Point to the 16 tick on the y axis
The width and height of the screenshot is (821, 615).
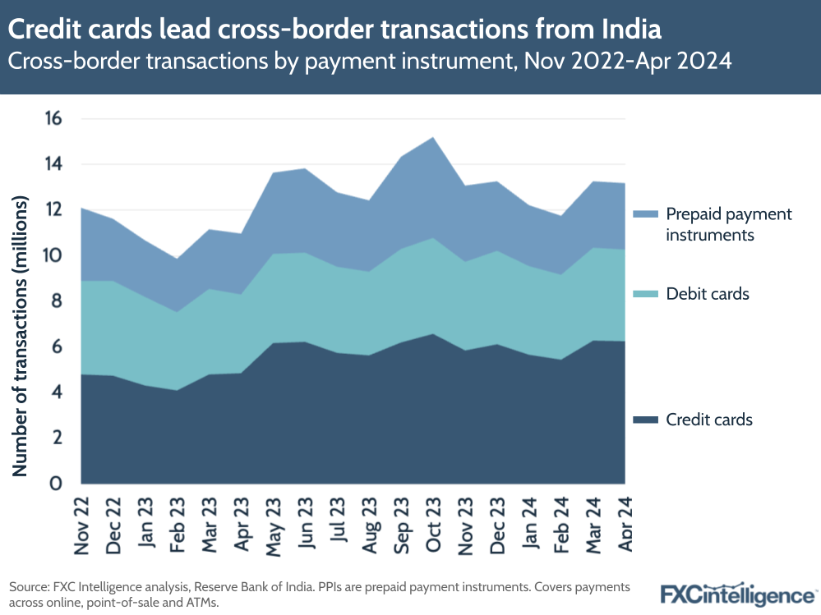53,119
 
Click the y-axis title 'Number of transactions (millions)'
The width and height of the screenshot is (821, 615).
21,337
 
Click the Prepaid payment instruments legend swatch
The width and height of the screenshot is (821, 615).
645,214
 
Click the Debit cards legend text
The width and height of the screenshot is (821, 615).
708,294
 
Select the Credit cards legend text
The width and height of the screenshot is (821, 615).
709,420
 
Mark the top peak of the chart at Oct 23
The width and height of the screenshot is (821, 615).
433,137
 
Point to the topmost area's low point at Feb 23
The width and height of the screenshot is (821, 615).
178,259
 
